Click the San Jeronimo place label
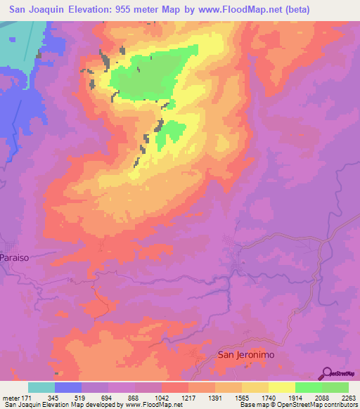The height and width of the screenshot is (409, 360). click(x=245, y=355)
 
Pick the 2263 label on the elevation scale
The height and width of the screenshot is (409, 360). click(x=348, y=398)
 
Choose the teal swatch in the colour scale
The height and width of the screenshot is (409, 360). click(x=41, y=387)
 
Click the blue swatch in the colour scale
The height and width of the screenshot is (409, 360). click(x=68, y=387)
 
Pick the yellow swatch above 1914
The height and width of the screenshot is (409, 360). click(x=282, y=387)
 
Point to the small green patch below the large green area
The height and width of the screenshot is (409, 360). click(x=170, y=134)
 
